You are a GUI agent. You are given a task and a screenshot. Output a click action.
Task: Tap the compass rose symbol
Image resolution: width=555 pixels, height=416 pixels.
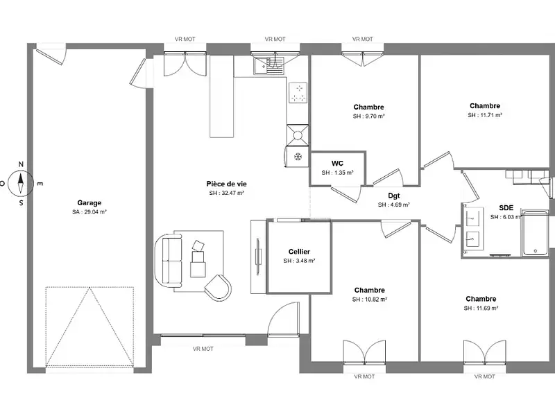tap(22, 183)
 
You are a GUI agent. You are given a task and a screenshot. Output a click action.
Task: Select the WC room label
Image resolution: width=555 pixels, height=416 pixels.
tap(337, 164)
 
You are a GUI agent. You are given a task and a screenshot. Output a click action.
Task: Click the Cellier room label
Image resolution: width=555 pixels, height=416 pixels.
tap(299, 252)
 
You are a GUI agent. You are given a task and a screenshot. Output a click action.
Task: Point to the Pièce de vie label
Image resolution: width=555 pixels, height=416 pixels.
tap(227, 184)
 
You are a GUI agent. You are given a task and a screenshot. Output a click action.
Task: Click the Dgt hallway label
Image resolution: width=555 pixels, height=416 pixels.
tap(393, 196)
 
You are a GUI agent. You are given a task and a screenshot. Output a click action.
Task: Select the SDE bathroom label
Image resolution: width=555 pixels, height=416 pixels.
tap(506, 207)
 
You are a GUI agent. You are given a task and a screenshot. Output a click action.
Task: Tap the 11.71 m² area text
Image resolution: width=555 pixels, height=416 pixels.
tap(485, 115)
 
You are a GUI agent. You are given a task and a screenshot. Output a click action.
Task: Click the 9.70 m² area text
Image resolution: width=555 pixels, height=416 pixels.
tap(368, 116)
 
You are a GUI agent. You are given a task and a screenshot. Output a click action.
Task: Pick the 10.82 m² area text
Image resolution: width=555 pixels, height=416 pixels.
tap(369, 300)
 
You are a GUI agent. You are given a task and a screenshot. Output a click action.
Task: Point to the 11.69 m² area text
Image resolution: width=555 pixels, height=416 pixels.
tap(481, 308)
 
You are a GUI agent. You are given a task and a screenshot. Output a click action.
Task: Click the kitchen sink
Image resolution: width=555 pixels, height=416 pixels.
tap(271, 64)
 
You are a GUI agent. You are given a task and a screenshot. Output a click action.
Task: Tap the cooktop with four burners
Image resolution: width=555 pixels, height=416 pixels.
tap(298, 92)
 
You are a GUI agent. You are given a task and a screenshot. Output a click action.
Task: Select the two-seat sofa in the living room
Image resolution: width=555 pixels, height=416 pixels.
tap(169, 259)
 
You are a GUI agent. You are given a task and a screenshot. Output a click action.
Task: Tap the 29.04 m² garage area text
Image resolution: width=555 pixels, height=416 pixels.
tap(89, 212)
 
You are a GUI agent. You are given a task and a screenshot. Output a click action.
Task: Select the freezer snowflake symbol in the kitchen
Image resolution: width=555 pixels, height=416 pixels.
tap(298, 157)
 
